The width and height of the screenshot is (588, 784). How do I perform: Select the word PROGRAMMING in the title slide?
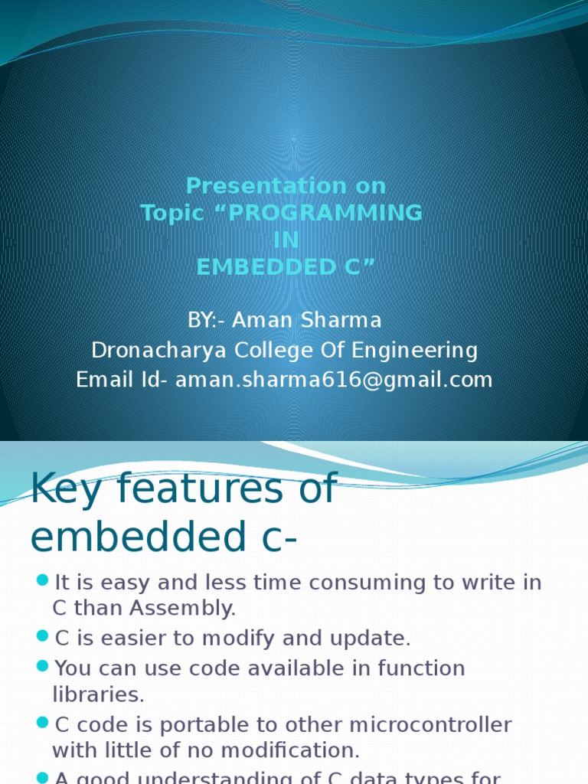pos(325,213)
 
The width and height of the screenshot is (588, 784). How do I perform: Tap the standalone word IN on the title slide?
pos(286,240)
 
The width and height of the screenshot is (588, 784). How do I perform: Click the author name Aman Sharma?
pos(306,319)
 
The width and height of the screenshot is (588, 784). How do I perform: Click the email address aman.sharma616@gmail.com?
pos(334,380)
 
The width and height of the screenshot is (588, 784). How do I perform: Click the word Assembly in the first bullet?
pos(192,609)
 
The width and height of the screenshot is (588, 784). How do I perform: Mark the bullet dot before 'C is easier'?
pos(43,636)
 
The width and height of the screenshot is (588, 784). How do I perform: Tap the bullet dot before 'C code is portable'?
pos(43,724)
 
